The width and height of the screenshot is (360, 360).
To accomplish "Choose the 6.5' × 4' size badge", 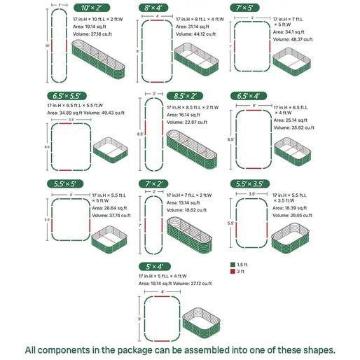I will coord(247,96).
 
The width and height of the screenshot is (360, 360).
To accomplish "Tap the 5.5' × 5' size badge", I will coord(64,184).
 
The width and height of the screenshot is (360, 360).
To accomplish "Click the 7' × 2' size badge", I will coord(154,184).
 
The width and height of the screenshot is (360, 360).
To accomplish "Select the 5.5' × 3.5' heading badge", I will coord(250,184).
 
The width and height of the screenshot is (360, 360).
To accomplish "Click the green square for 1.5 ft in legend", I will coord(233,265).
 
